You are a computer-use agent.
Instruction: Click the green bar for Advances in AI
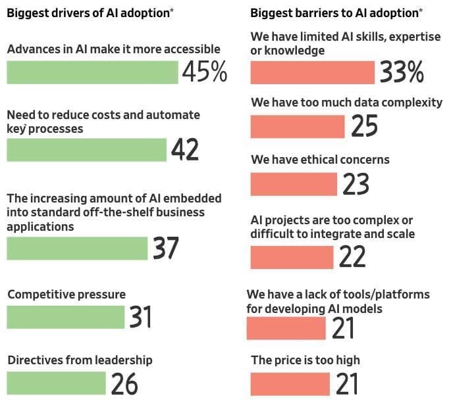(92, 72)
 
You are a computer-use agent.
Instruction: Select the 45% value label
(205, 72)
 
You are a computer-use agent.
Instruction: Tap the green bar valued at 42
(86, 150)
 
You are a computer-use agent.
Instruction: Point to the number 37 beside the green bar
(167, 249)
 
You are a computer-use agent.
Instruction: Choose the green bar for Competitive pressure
(65, 317)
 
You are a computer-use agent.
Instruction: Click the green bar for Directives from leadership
(56, 383)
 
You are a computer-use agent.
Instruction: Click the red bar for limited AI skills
(313, 73)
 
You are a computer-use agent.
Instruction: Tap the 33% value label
(402, 73)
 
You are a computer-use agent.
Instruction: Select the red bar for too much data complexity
(298, 126)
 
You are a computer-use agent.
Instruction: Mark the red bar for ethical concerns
(294, 184)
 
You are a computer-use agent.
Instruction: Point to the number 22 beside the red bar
(352, 257)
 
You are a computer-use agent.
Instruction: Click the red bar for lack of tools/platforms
(286, 328)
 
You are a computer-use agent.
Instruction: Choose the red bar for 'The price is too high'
(290, 384)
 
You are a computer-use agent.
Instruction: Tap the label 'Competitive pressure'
(66, 294)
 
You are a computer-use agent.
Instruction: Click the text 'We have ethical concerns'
(320, 160)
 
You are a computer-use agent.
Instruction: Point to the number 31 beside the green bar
(141, 318)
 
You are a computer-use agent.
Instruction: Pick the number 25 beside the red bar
(364, 126)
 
